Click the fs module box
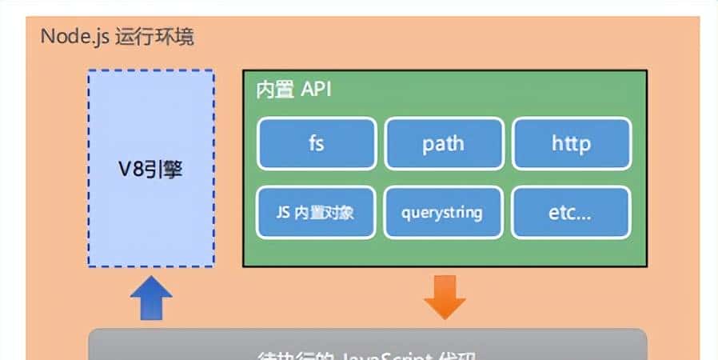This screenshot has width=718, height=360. (x=316, y=144)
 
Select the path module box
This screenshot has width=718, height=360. (x=444, y=144)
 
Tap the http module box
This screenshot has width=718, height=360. (x=571, y=144)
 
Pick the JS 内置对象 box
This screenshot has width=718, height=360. (x=316, y=213)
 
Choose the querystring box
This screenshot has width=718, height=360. (x=444, y=213)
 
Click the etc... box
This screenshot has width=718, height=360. (x=571, y=213)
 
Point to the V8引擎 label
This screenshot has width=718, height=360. (x=150, y=170)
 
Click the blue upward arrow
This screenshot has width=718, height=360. (x=150, y=298)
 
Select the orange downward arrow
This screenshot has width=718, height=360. (x=445, y=297)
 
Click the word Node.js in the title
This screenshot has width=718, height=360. (x=72, y=37)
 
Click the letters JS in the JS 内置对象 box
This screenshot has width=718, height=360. (x=273, y=214)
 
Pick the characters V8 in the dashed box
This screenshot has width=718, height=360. (x=130, y=170)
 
